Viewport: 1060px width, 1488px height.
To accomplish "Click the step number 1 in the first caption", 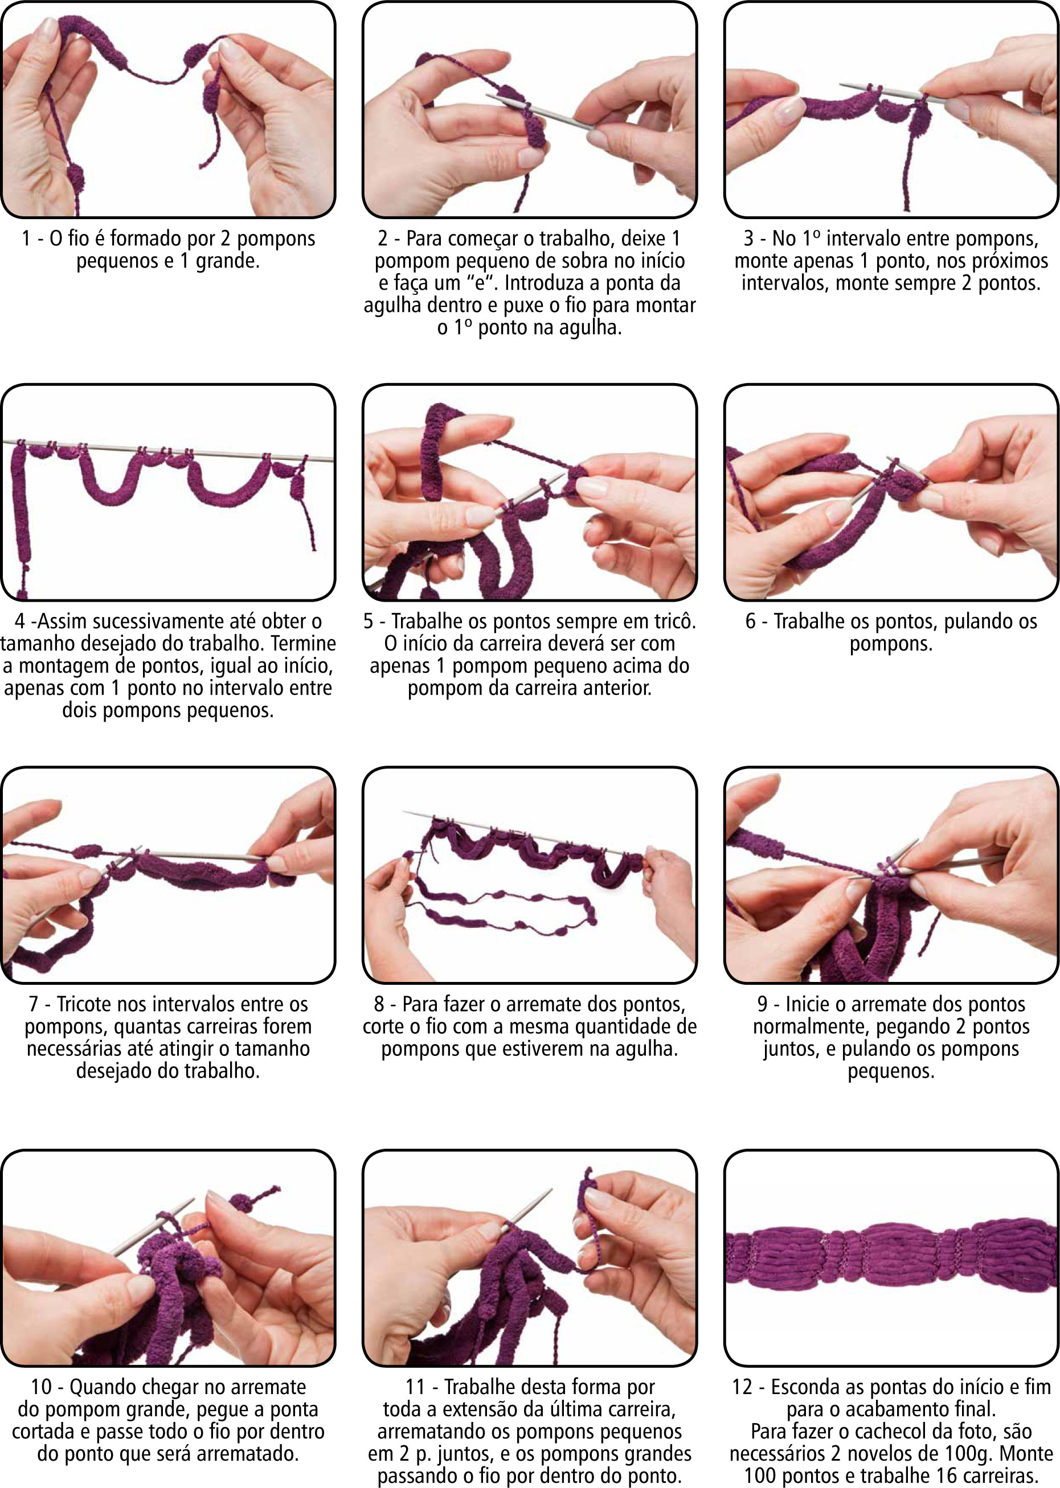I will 26,239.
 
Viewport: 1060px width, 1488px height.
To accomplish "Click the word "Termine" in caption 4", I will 303,643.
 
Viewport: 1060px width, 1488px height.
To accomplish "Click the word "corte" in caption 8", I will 386,1027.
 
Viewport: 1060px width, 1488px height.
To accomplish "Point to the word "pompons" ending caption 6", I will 891,644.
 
